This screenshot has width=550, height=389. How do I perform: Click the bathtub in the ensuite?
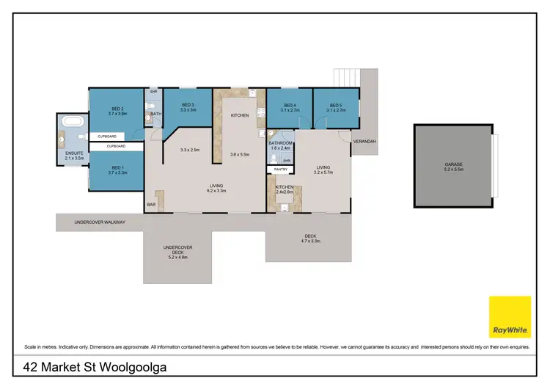point(73,122)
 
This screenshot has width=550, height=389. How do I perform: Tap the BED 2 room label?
point(117,110)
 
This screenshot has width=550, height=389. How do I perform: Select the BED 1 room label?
point(118,169)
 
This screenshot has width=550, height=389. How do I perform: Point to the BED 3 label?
point(188,106)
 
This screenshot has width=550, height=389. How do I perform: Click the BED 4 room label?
point(289,106)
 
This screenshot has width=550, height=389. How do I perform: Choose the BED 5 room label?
point(336,106)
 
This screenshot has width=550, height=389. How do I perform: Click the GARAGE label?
point(454,164)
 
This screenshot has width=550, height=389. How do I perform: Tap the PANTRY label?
point(280,170)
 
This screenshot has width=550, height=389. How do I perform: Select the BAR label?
point(151,204)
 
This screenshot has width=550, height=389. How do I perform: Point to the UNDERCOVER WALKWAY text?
point(100,222)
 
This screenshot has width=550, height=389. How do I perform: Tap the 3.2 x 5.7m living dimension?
point(323,173)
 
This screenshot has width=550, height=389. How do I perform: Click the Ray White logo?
point(510,317)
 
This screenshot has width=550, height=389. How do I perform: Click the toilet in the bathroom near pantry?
point(273,159)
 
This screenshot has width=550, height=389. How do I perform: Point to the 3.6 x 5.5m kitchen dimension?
point(241,154)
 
